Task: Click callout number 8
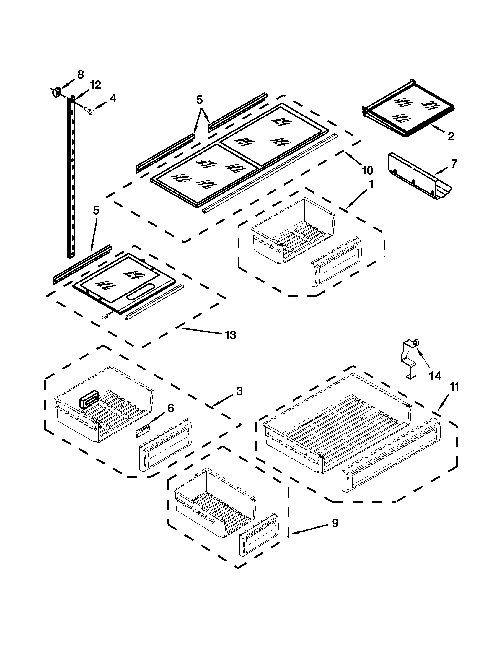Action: pos(81,75)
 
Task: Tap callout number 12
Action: pos(95,85)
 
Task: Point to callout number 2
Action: pos(451,136)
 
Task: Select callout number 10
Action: pos(367,170)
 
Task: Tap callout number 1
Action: pos(371,185)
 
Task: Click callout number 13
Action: pos(231,335)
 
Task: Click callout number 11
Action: pos(455,387)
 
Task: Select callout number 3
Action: pos(239,391)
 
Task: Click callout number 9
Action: pos(335,523)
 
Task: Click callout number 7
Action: pos(454,164)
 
